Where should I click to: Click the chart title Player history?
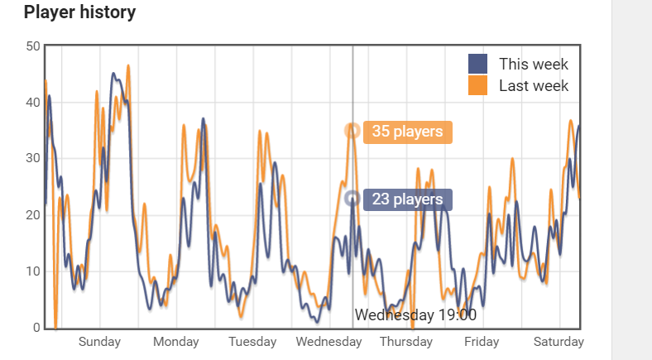coord(79,12)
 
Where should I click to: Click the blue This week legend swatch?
coord(477,64)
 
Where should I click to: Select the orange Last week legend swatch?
coord(477,85)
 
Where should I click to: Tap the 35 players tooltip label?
coord(407,131)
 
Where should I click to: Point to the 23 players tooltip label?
coord(407,199)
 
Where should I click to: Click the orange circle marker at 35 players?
coord(352,130)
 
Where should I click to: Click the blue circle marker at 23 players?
coord(352,198)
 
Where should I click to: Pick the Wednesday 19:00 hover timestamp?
coord(415,315)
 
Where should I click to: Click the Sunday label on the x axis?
coord(99,342)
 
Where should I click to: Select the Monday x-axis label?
coord(175,342)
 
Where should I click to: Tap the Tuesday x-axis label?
coord(252,342)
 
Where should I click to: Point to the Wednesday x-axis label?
coord(328,342)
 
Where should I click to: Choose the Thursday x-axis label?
coord(405,342)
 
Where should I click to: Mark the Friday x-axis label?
coord(482,342)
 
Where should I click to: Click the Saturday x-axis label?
coord(559,342)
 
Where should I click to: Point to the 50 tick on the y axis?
coord(32,46)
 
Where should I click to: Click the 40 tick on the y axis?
coord(32,103)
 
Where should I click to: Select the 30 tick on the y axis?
coord(32,159)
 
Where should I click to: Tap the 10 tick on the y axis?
coord(32,271)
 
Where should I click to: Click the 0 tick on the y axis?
coord(36,328)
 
